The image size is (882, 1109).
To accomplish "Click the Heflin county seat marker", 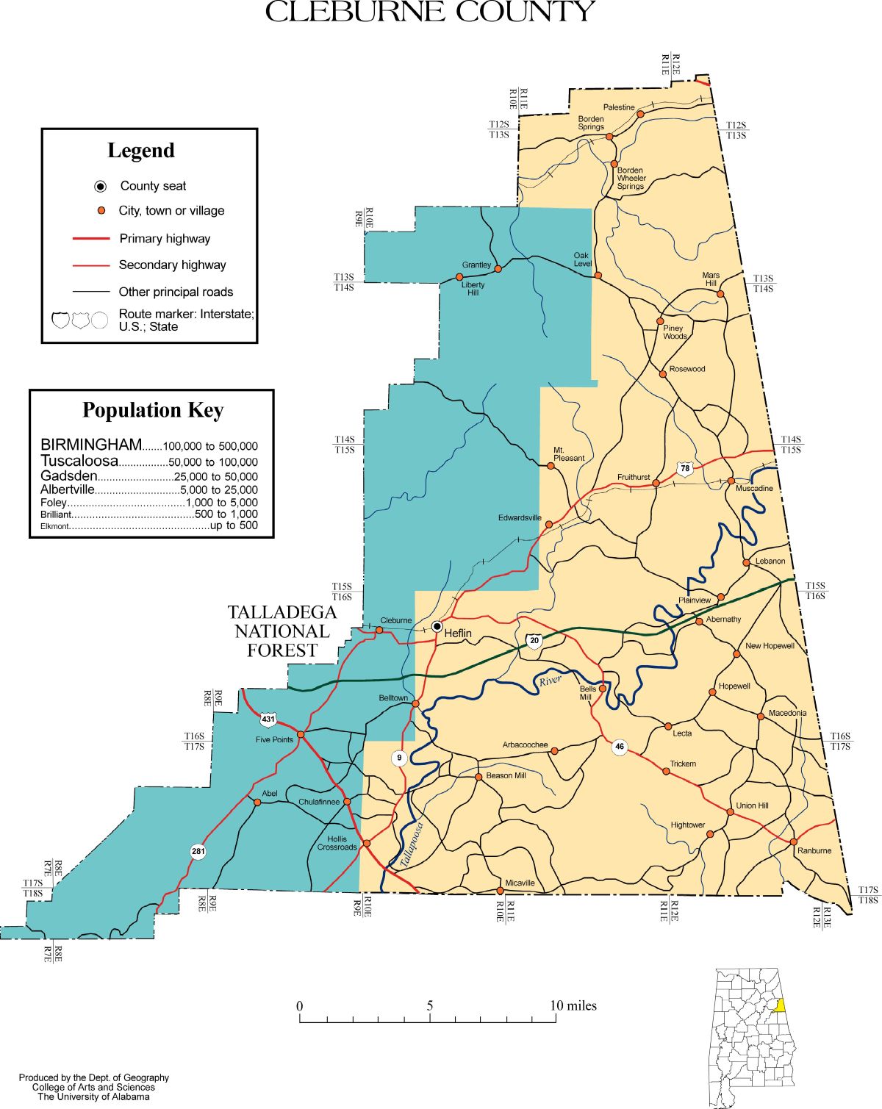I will click(x=437, y=626).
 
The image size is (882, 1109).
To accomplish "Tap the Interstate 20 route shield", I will click(x=534, y=641).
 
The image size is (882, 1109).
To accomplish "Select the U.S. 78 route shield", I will click(x=685, y=469).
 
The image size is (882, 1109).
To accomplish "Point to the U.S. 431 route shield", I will click(x=268, y=719).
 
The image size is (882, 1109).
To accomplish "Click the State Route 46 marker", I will click(x=620, y=747).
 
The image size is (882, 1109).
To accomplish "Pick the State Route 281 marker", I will click(x=198, y=852).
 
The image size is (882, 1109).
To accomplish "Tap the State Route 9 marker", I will click(x=399, y=758).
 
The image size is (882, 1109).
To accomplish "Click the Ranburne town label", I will click(x=814, y=850).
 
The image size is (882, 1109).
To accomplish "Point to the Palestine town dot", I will click(x=640, y=114).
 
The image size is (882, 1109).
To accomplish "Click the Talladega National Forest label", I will click(x=282, y=631).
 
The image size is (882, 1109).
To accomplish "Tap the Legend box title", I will click(x=141, y=151).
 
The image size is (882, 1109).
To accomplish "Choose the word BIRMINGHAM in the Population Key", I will click(x=90, y=445).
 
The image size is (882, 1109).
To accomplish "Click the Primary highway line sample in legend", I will click(x=91, y=238).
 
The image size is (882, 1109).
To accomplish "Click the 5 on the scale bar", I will click(x=430, y=1005).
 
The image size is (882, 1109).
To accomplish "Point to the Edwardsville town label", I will click(x=520, y=517).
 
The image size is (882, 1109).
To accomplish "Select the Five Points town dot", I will click(x=301, y=734).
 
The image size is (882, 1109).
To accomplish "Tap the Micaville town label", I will click(x=520, y=883).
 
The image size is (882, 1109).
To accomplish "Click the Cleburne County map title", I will click(x=429, y=12).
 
